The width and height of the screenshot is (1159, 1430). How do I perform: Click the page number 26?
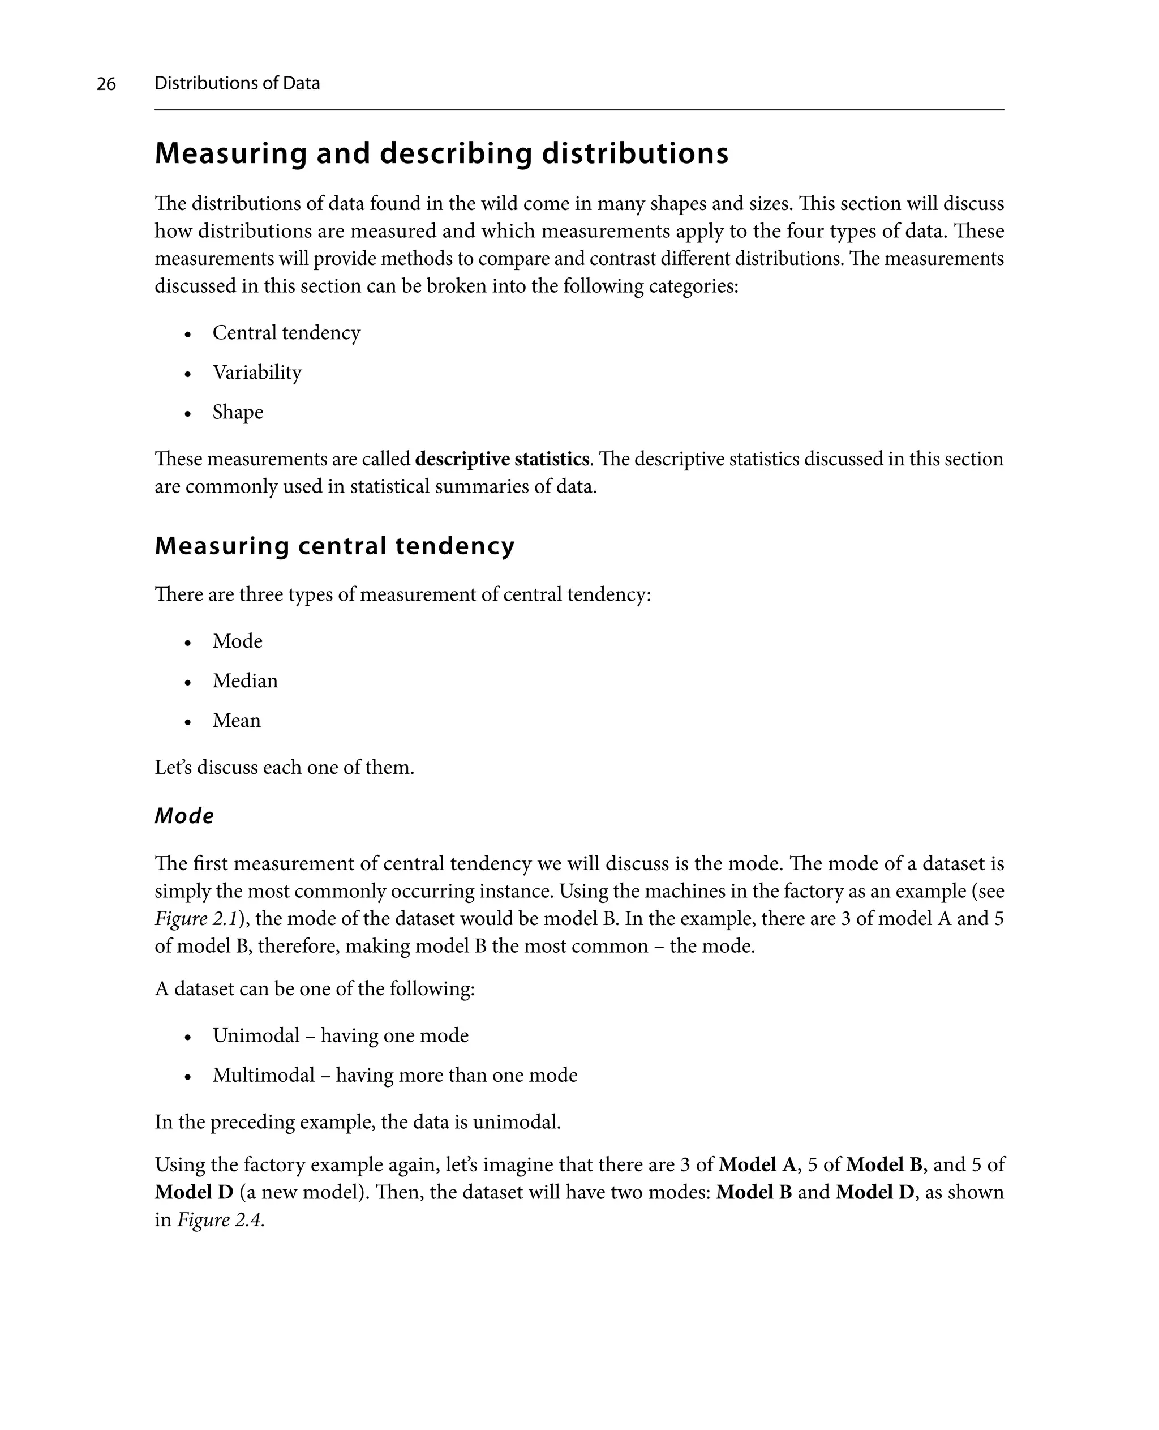[106, 84]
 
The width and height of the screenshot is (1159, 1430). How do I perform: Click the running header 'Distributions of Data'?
[237, 83]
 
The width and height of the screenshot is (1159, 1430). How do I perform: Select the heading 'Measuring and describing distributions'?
[441, 153]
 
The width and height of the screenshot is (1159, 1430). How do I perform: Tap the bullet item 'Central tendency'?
[286, 333]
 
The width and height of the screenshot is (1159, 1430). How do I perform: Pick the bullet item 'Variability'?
[257, 372]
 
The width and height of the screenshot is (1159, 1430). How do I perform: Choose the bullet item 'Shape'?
[238, 412]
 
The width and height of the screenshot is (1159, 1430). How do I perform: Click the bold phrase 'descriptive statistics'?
[501, 460]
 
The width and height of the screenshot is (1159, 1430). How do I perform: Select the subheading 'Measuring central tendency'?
[334, 546]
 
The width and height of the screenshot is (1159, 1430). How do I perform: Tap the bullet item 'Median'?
[245, 680]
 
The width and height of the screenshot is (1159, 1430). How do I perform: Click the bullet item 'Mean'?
[237, 720]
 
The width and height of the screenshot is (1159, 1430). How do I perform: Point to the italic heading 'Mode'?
[184, 816]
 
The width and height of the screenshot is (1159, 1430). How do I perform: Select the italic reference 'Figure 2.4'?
[220, 1221]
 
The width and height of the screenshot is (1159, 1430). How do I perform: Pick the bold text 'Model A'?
[757, 1165]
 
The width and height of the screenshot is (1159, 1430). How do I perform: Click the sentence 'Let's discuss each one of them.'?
[285, 768]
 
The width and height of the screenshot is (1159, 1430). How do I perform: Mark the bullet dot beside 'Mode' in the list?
[188, 643]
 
